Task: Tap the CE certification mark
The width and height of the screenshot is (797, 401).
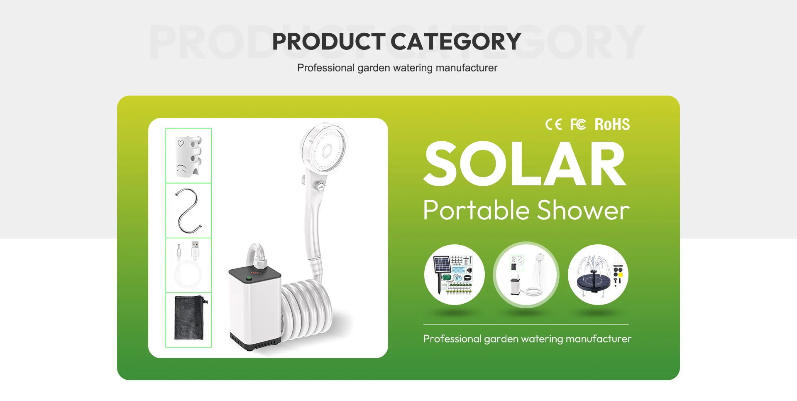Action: pyautogui.click(x=553, y=124)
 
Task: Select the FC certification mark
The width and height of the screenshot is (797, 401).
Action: pyautogui.click(x=578, y=124)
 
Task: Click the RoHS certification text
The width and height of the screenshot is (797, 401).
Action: pyautogui.click(x=612, y=124)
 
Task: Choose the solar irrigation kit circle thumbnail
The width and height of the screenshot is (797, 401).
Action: pyautogui.click(x=455, y=275)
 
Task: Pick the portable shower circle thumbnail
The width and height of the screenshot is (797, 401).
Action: pyautogui.click(x=526, y=275)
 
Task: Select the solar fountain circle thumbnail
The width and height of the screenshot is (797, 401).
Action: pyautogui.click(x=598, y=275)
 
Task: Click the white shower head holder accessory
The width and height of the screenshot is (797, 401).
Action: pyautogui.click(x=189, y=156)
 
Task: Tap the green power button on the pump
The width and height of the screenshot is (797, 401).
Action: pyautogui.click(x=249, y=279)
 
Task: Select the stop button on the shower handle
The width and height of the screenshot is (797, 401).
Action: pyautogui.click(x=320, y=187)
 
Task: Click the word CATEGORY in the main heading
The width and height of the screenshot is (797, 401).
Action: pyautogui.click(x=456, y=42)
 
